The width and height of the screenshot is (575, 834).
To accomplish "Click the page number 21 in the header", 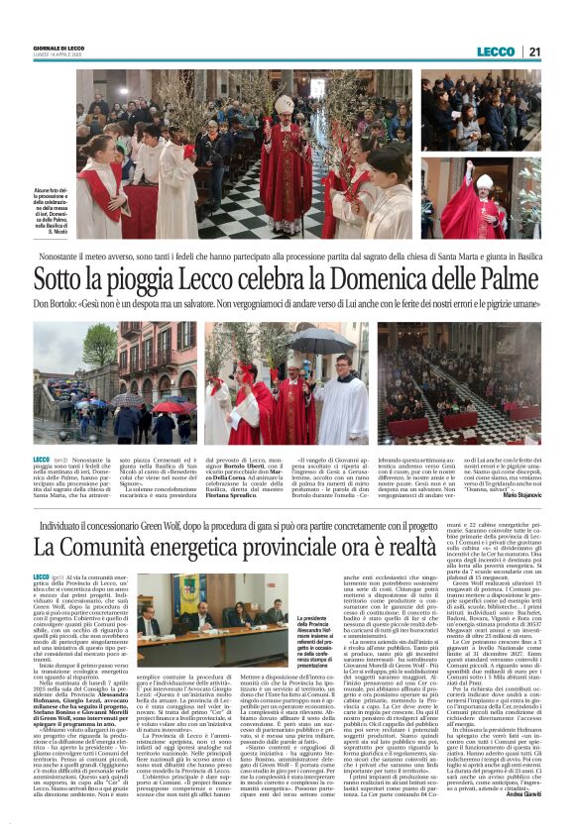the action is pos(534,52).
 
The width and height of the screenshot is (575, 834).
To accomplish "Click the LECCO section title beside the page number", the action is pos(496,52).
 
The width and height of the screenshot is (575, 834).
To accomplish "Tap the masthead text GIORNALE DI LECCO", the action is pos(58,49).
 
